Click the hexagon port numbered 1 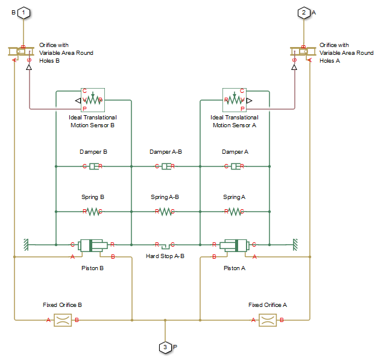tap(23, 12)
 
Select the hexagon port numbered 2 tap(304, 12)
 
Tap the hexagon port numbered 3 tap(165, 347)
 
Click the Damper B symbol tap(93, 166)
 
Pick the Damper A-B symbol tap(165, 166)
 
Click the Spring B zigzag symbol tap(93, 211)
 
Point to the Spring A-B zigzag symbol tap(165, 211)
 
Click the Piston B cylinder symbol tap(93, 244)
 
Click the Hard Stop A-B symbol tap(165, 245)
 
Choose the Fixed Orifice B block tap(62, 320)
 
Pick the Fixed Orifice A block tap(267, 320)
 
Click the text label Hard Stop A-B tap(165, 256)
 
